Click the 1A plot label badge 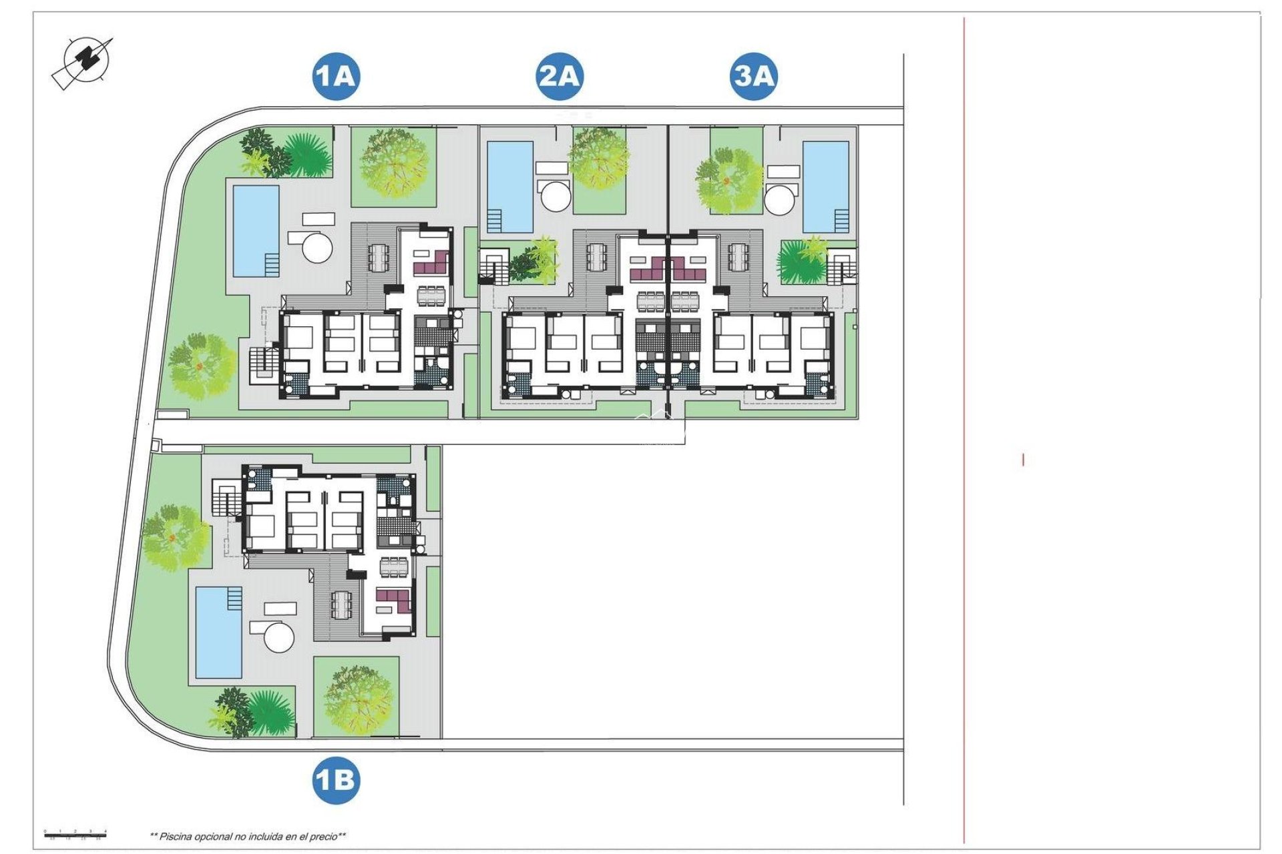click(335, 76)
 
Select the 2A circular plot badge click(560, 76)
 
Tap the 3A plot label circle click(753, 76)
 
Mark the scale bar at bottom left click(75, 833)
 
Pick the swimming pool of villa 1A click(256, 231)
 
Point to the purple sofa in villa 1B click(393, 600)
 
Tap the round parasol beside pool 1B click(279, 637)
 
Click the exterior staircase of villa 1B click(226, 498)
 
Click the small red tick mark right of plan click(1023, 460)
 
